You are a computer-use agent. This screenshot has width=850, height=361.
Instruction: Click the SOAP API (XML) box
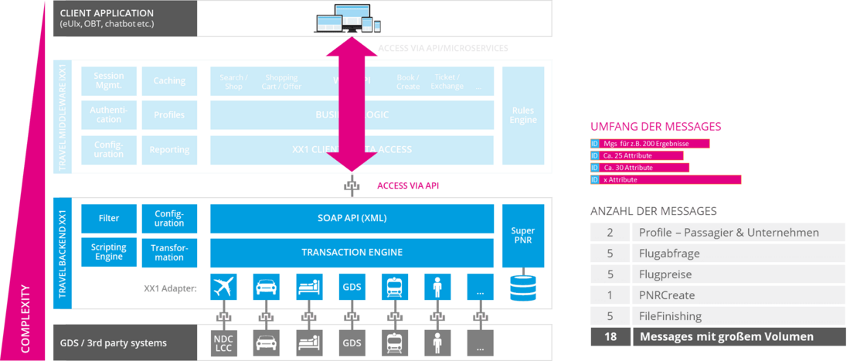point(352,218)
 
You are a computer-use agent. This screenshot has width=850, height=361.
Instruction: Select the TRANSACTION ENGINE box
point(352,252)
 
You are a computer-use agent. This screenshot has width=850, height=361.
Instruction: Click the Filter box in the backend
point(108,218)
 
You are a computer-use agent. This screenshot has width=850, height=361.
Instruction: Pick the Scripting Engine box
point(108,252)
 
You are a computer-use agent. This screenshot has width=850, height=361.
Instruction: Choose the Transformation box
point(168,252)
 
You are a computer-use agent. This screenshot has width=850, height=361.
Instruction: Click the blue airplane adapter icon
point(223,288)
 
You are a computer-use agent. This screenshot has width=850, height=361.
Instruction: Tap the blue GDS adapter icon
point(352,288)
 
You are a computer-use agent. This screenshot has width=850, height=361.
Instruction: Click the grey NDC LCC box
point(223,342)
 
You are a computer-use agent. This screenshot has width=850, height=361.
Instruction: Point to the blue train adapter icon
point(394,288)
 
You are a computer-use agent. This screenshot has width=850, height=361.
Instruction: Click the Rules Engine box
point(522,115)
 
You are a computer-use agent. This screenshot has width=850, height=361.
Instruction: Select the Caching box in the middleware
point(168,80)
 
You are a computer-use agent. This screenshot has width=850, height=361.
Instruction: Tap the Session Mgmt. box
point(108,80)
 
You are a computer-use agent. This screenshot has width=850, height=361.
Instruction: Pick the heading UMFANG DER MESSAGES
point(656,127)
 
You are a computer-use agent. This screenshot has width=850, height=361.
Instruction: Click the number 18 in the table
point(610,336)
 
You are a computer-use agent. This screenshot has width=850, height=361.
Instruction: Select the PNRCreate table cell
point(666,295)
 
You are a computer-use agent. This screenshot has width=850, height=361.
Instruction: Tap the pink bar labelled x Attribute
point(665,179)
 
